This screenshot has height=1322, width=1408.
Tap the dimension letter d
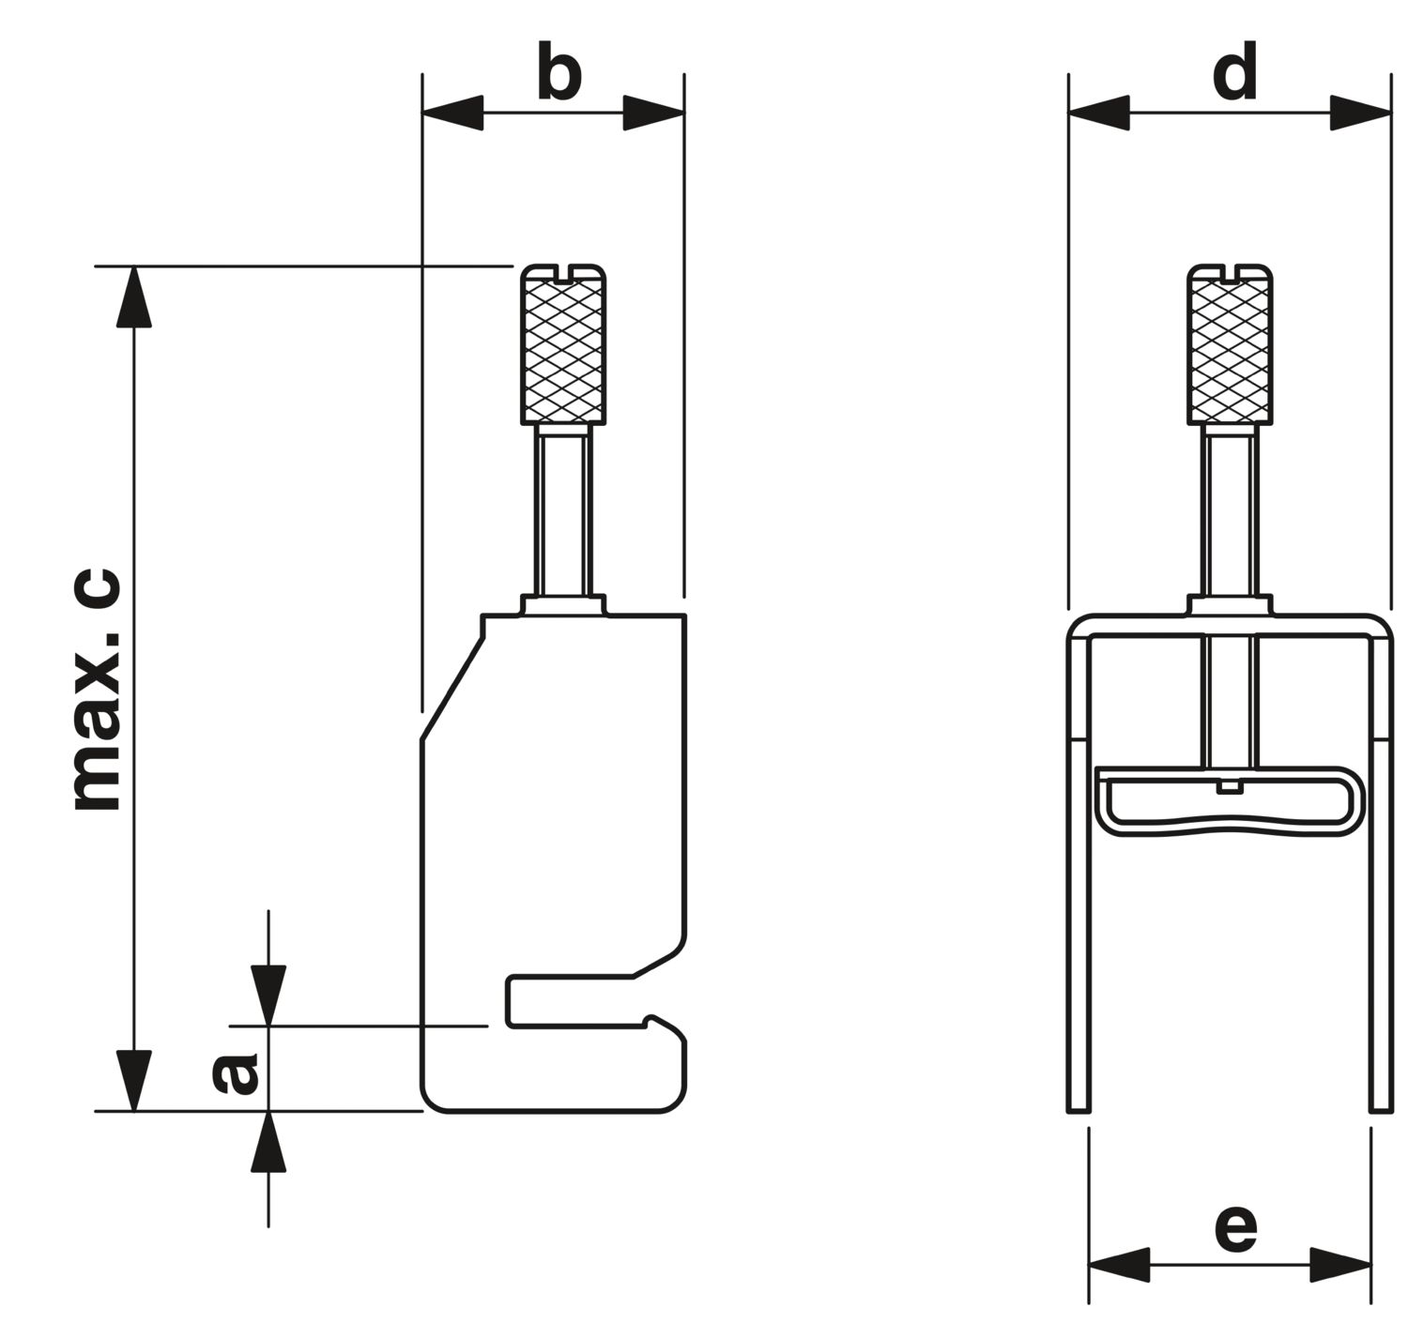coord(1234,74)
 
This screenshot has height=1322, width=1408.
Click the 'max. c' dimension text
coord(97,690)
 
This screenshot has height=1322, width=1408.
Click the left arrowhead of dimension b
coord(452,114)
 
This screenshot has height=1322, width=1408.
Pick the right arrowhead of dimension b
coord(654,114)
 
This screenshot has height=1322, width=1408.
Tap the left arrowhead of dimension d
coord(1098,114)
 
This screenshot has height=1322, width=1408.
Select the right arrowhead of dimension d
coord(1361,114)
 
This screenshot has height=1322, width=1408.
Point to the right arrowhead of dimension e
coord(1340,1265)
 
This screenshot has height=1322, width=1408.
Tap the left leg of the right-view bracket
coord(1079,873)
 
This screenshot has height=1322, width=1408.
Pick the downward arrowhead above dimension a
coord(268,995)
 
